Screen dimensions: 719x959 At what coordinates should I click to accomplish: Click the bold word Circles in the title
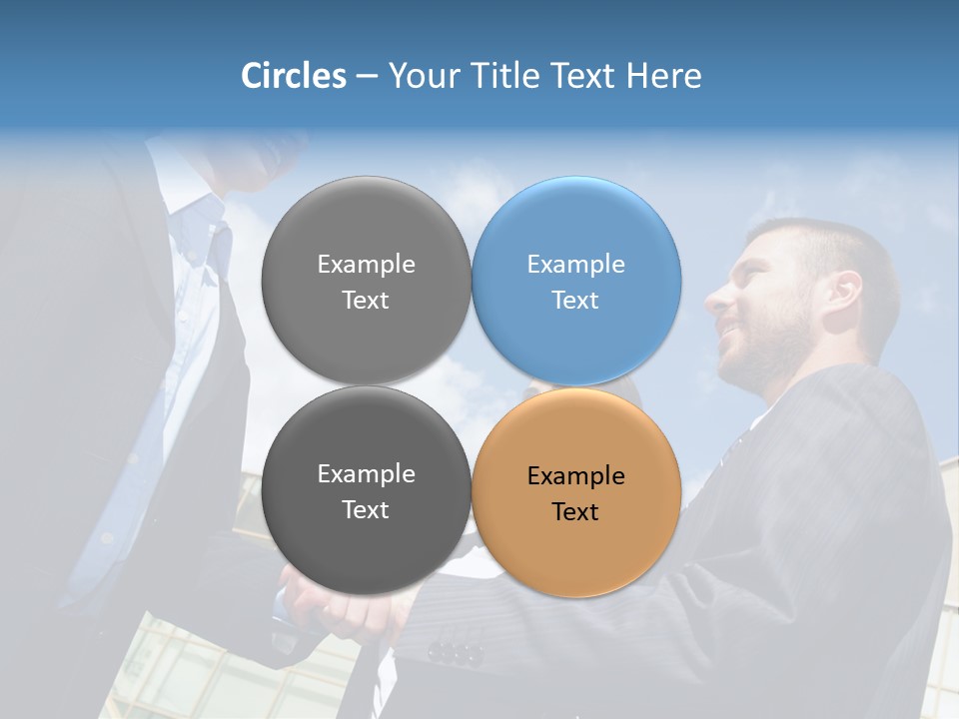click(294, 76)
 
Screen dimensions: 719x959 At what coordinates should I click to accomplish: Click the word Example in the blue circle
click(576, 265)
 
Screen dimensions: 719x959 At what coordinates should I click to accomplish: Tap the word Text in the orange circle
click(575, 512)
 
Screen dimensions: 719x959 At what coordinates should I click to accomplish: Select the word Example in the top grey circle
click(366, 265)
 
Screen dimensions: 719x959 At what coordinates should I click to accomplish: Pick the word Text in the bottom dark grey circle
click(366, 510)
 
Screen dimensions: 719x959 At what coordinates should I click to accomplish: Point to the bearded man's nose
click(715, 298)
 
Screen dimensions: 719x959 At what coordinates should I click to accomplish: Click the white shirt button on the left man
click(106, 539)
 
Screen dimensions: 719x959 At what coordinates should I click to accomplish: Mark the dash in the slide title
click(367, 76)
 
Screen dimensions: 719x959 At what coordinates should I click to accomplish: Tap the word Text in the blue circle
click(575, 301)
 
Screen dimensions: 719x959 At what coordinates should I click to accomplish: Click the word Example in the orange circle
click(576, 476)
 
